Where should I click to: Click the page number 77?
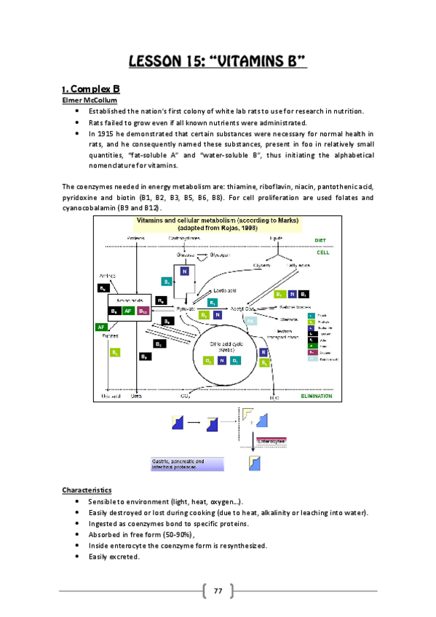pyautogui.click(x=218, y=589)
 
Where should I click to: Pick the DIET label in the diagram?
pyautogui.click(x=320, y=239)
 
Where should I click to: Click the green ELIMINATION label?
pyautogui.click(x=318, y=397)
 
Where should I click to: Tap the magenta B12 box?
pyautogui.click(x=143, y=311)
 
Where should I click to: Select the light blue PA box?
pyautogui.click(x=250, y=320)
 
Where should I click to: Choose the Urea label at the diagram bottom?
pyautogui.click(x=136, y=397)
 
